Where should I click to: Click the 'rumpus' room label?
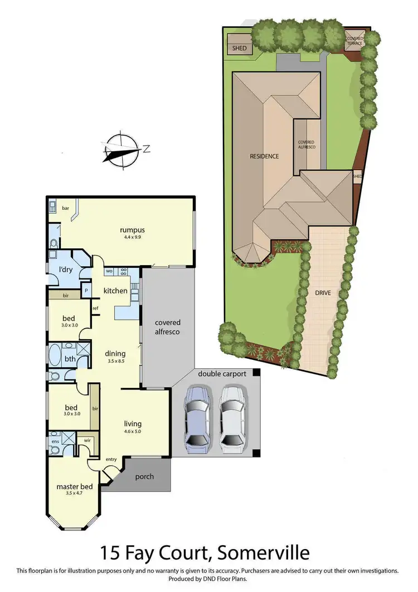132,229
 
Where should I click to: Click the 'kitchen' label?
115,291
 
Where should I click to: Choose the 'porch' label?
144,477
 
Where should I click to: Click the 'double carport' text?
220,374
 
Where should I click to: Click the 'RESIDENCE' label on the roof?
264,156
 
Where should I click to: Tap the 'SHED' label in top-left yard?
239,48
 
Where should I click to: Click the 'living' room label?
133,423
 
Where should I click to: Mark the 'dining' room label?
116,353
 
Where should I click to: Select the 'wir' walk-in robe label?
87,440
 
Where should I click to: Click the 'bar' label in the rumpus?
65,208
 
